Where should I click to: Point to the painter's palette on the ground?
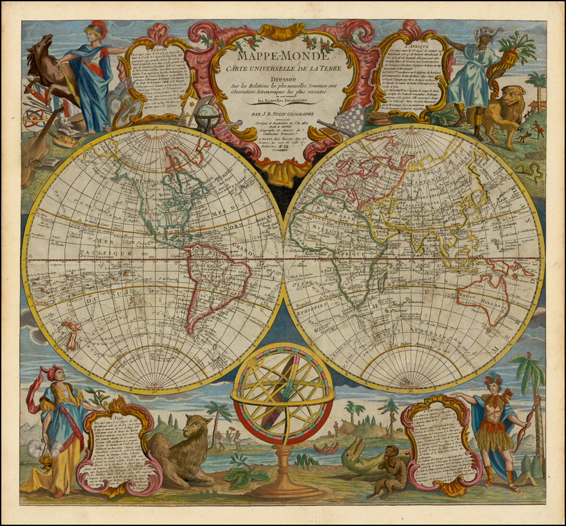65,140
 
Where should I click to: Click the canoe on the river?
326,447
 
